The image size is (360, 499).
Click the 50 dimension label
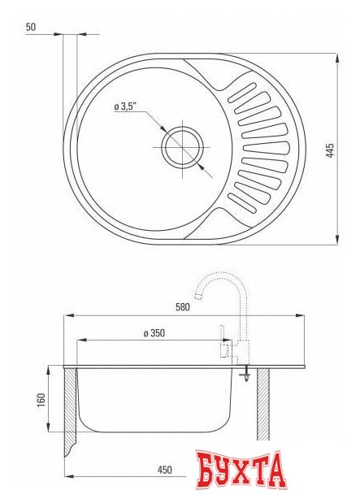tap(31, 27)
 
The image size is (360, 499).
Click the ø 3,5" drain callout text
tap(126, 106)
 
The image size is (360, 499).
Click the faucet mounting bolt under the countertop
tap(244, 375)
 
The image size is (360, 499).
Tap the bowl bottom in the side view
tap(154, 431)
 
